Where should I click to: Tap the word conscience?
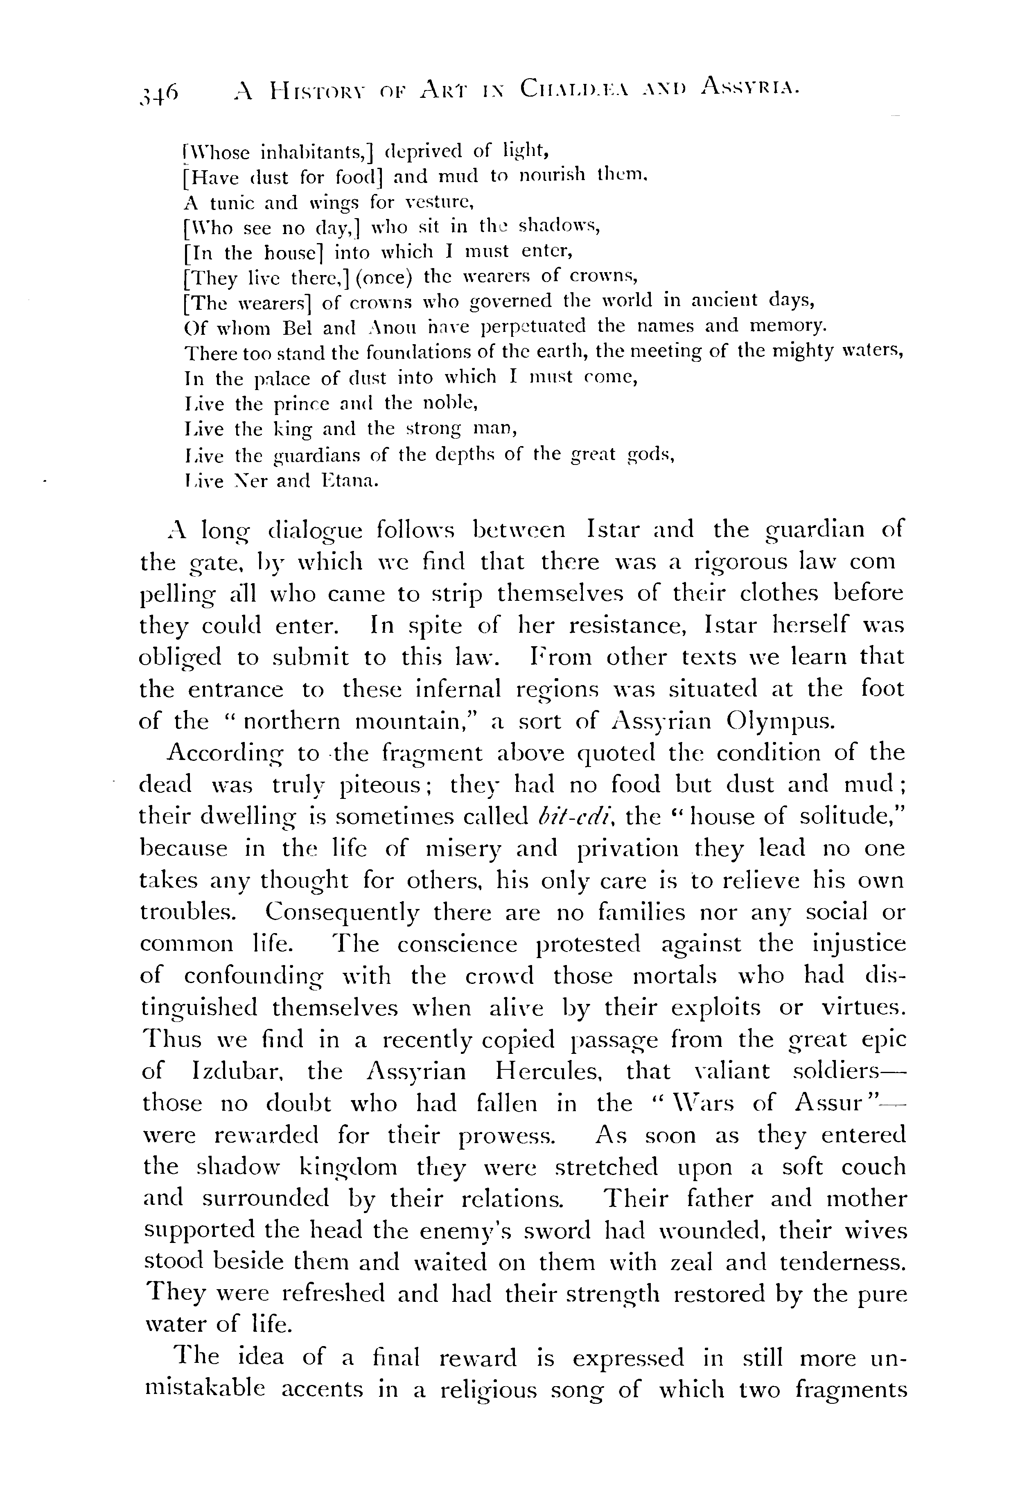tap(457, 945)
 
